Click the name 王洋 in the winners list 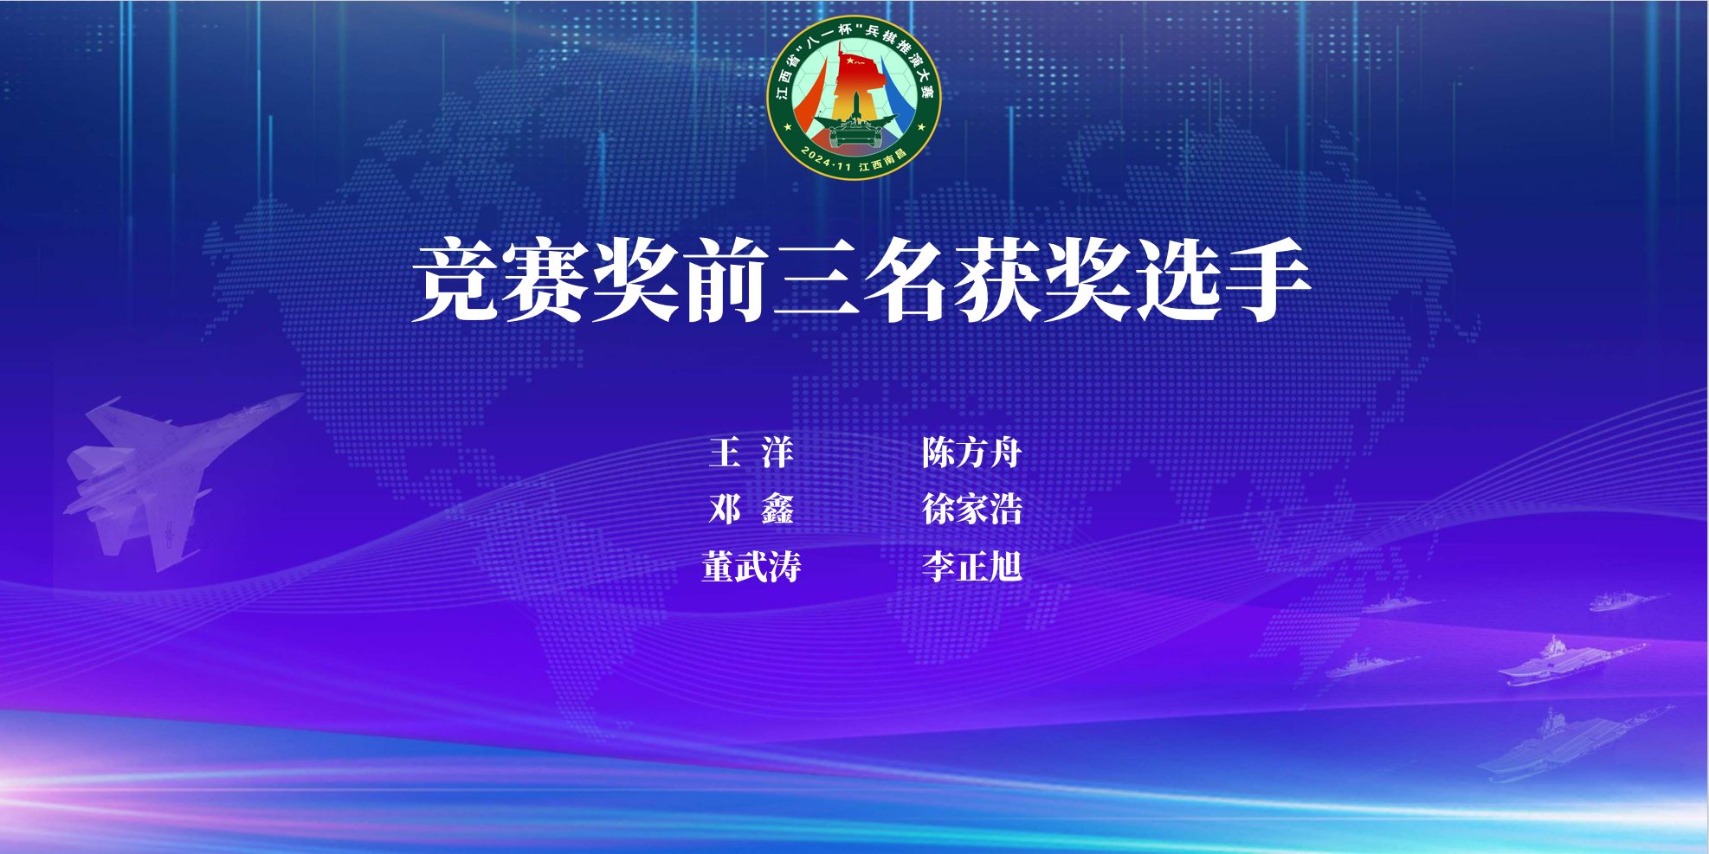click(x=751, y=453)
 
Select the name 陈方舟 click(x=971, y=453)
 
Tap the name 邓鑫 click(x=751, y=509)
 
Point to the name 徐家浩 click(x=971, y=509)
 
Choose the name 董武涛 click(x=751, y=567)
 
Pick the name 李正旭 click(x=971, y=567)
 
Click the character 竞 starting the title click(x=455, y=279)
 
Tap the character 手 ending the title click(x=1267, y=279)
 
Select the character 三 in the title click(x=816, y=279)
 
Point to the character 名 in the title click(x=906, y=279)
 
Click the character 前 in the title click(x=726, y=279)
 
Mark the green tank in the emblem click(x=854, y=132)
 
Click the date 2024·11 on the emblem click(x=826, y=159)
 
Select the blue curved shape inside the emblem click(x=898, y=95)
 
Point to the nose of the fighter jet click(x=301, y=395)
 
